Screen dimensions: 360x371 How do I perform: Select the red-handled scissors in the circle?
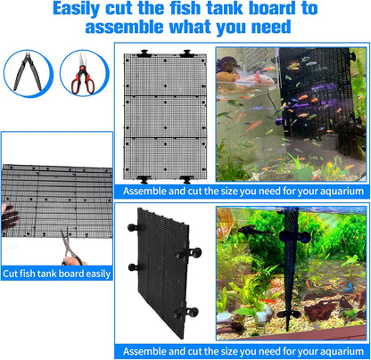point(82,75)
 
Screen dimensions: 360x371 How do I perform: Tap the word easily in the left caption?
point(95,274)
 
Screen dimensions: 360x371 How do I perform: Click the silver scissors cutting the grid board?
point(70,246)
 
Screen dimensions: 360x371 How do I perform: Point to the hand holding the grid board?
point(8,217)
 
